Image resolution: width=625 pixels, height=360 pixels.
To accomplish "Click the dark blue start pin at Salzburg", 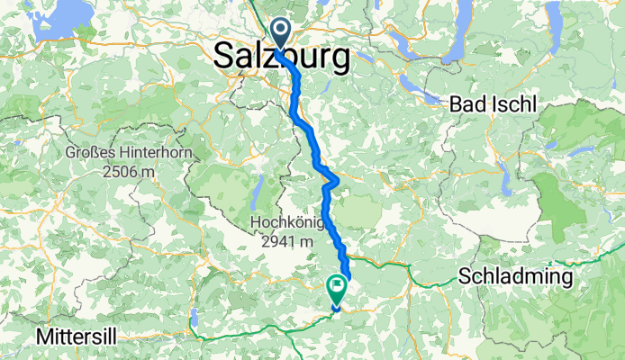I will click(x=281, y=34).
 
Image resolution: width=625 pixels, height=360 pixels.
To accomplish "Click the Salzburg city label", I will click(x=283, y=58).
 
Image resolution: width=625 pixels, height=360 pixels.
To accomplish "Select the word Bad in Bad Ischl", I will click(x=469, y=103).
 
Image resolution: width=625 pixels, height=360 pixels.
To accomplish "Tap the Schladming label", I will click(x=515, y=275).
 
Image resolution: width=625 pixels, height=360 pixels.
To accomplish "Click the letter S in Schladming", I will click(x=464, y=275).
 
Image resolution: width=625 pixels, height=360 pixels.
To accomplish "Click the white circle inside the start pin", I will click(x=281, y=31).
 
